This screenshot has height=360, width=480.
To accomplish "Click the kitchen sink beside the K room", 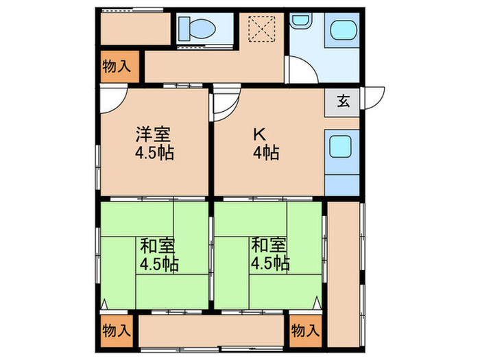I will [x=341, y=145].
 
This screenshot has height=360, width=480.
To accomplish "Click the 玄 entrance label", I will [x=343, y=101].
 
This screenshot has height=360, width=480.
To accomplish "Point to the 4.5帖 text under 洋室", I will [x=153, y=153].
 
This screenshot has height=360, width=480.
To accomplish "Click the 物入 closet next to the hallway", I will [x=118, y=67].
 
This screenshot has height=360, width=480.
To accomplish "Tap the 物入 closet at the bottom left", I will [x=117, y=330].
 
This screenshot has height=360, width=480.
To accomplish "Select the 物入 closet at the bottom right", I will [x=305, y=330].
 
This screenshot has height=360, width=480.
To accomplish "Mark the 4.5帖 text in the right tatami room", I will [x=269, y=263].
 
